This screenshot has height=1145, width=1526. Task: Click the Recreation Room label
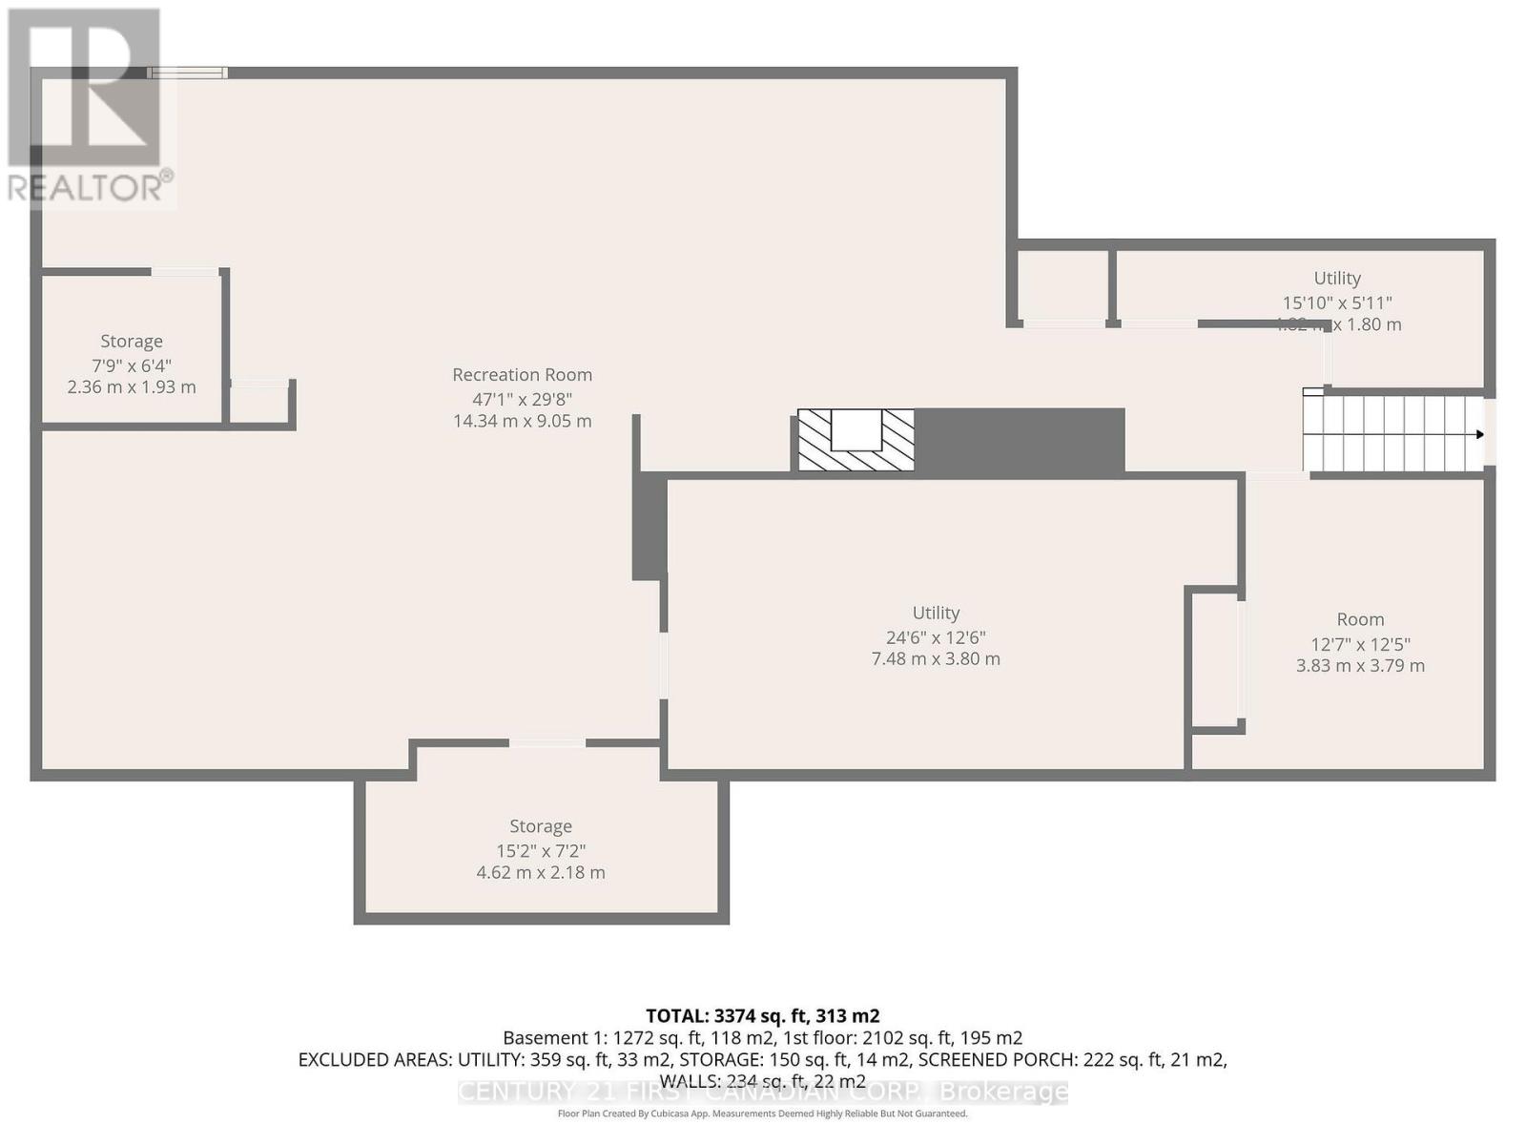click(x=522, y=375)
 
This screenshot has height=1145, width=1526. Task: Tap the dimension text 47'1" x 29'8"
click(x=522, y=400)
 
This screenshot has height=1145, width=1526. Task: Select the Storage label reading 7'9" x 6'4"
click(x=132, y=342)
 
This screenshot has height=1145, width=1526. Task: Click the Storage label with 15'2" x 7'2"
click(x=541, y=826)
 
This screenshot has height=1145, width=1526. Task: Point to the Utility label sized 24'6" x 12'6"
click(x=936, y=614)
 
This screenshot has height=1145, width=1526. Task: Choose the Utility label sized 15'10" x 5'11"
click(x=1336, y=279)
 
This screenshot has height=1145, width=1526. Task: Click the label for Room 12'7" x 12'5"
click(x=1360, y=619)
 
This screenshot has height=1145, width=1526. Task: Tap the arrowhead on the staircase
click(x=1479, y=435)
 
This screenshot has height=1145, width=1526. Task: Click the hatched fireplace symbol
click(x=856, y=440)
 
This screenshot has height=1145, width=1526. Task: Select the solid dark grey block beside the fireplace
click(x=1019, y=440)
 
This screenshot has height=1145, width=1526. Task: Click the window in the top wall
click(x=188, y=73)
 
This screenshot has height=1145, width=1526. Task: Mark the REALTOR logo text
click(x=91, y=187)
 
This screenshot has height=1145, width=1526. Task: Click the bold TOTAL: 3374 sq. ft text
click(x=762, y=1016)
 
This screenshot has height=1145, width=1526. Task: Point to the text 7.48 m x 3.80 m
click(x=936, y=659)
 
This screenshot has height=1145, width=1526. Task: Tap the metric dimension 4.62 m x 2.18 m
click(x=541, y=873)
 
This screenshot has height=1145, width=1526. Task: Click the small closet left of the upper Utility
click(x=1062, y=284)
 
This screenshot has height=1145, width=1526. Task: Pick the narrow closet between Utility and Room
click(x=1213, y=659)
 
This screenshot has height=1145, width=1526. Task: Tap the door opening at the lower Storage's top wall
click(x=546, y=742)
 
